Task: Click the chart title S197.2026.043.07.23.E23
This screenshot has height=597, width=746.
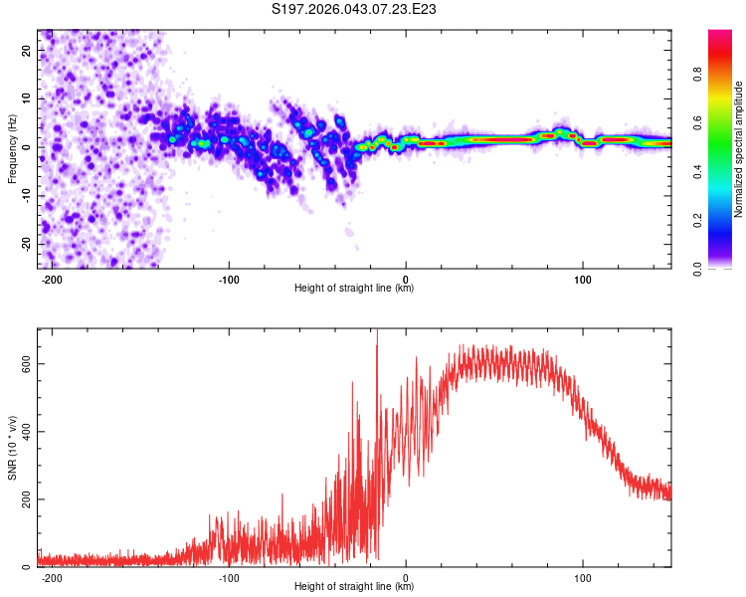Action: click(355, 9)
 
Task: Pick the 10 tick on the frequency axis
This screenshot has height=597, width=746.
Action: click(27, 99)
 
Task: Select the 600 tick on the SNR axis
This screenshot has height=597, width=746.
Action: click(22, 363)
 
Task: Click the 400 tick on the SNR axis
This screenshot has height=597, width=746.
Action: click(22, 431)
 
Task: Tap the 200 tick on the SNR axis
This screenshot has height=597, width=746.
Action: click(22, 498)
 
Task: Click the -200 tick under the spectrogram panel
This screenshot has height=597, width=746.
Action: click(53, 278)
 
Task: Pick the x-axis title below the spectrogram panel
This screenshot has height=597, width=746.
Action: click(354, 289)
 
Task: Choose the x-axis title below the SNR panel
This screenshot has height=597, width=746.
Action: click(354, 587)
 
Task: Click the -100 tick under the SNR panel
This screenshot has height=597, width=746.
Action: click(229, 576)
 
